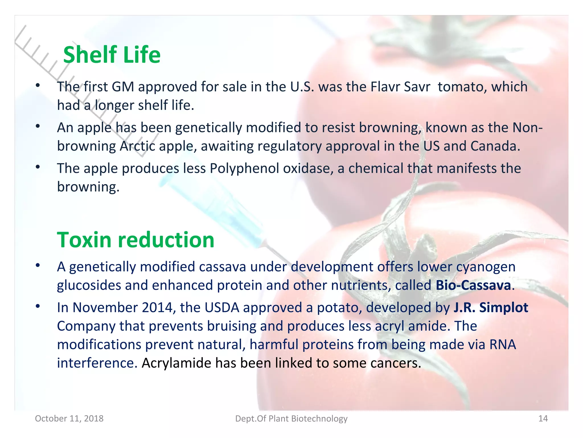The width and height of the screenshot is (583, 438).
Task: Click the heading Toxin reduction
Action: pyautogui.click(x=136, y=240)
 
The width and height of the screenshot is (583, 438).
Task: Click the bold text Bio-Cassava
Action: pyautogui.click(x=473, y=285)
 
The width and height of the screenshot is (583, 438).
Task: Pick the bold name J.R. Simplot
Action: pyautogui.click(x=491, y=307)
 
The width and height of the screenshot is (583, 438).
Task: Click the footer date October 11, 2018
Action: pyautogui.click(x=69, y=418)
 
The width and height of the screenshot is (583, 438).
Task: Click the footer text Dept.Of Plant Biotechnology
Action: pyautogui.click(x=291, y=418)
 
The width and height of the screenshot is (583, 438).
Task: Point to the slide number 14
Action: pyautogui.click(x=543, y=418)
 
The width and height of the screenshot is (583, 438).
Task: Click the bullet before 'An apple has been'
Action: pyautogui.click(x=38, y=126)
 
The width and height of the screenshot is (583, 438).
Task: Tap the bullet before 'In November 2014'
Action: pyautogui.click(x=38, y=306)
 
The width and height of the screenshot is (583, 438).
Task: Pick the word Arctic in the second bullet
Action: pyautogui.click(x=137, y=146)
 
